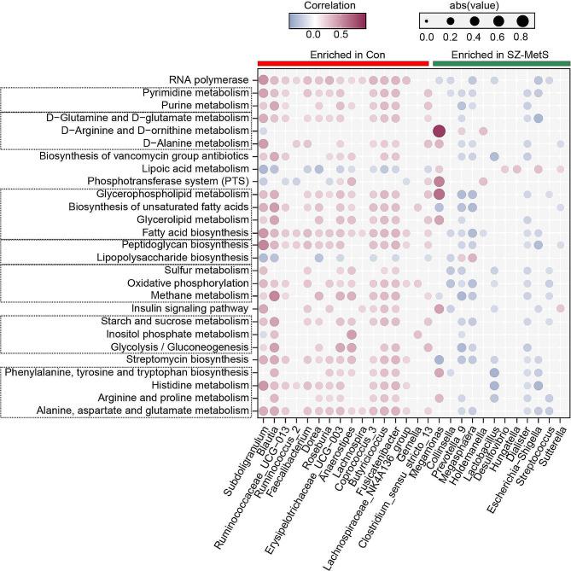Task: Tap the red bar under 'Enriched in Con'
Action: (342, 63)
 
